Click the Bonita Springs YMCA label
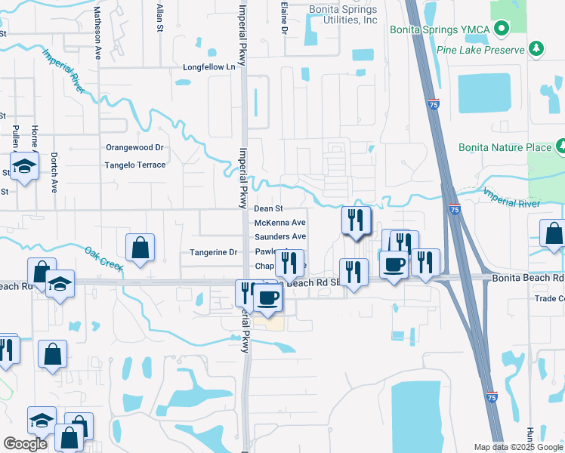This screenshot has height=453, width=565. click(440, 29)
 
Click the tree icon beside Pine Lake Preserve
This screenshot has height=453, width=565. click(536, 49)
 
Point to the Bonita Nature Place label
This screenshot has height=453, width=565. click(505, 147)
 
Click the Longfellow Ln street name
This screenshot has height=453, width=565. click(209, 67)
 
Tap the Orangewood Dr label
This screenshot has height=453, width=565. click(134, 148)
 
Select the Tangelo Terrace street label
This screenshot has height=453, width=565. click(135, 165)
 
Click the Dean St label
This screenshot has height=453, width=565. click(268, 208)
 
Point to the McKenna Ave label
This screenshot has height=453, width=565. click(279, 223)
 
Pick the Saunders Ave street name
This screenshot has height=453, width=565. click(279, 236)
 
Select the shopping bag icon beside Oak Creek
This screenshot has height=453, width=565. click(140, 248)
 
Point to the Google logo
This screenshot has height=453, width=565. click(26, 445)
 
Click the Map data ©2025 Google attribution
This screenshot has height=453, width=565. click(517, 447)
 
